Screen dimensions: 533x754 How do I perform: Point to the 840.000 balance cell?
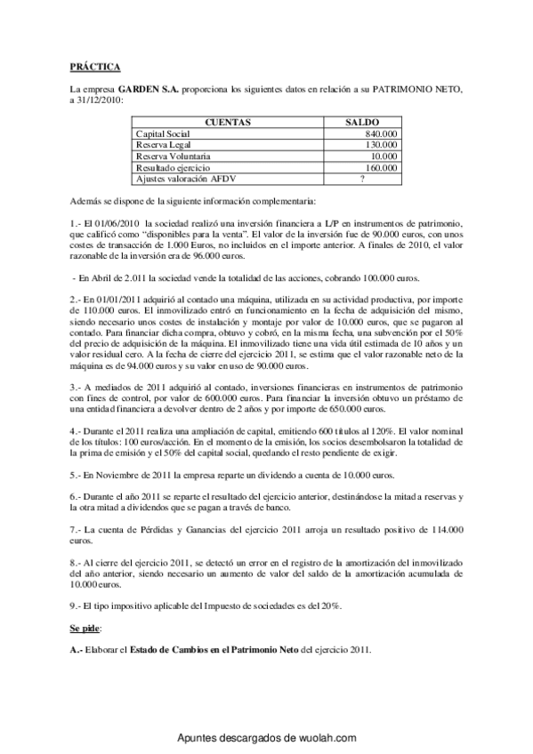pyautogui.click(x=381, y=133)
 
